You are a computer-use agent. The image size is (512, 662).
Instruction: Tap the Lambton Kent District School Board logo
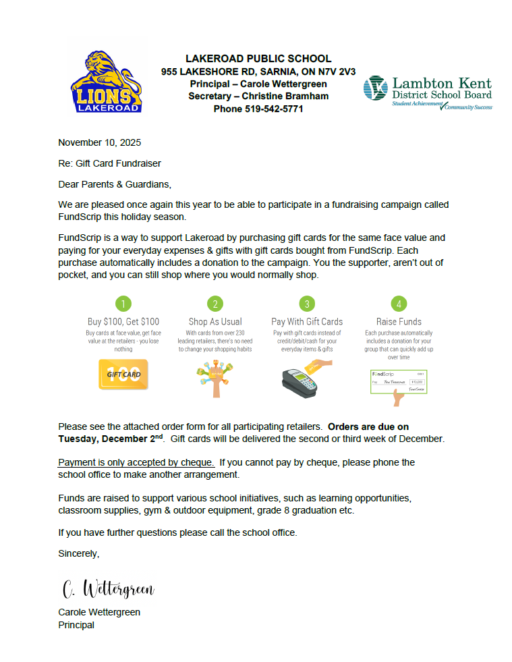pos(428,93)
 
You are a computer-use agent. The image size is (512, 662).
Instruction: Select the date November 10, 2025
pos(100,142)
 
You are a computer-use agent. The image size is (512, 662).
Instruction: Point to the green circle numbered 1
pos(123,303)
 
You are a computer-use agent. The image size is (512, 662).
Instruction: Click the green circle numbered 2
pos(215,303)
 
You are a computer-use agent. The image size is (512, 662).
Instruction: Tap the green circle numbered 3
pos(307,303)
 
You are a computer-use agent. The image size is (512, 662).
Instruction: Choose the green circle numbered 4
pos(399,303)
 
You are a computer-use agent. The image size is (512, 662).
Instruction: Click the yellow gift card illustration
pos(123,375)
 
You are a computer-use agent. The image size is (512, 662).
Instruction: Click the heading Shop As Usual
pos(215,322)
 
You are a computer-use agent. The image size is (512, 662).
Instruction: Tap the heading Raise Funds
pos(399,322)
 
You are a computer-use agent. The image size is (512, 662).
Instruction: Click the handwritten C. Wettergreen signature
pos(108,589)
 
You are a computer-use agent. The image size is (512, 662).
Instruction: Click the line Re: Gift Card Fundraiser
pos(109,163)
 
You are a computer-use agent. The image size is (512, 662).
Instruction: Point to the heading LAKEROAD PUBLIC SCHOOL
pos(258,59)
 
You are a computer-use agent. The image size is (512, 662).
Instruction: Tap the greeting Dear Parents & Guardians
pos(115,184)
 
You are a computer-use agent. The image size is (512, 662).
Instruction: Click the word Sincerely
pos(78,553)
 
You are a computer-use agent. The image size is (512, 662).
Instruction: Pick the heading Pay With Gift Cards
pos(307,322)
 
